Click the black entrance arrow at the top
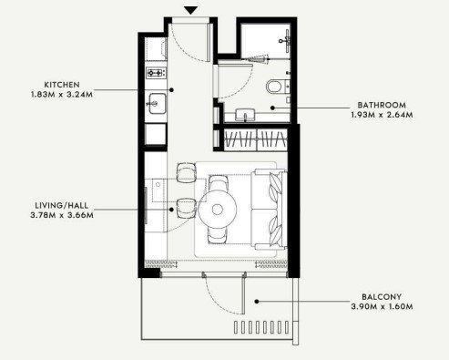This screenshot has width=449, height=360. (x=191, y=11)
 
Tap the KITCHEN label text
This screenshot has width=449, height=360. (x=62, y=85)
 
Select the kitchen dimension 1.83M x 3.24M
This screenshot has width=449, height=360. (x=62, y=95)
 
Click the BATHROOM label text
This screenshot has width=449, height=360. (x=382, y=105)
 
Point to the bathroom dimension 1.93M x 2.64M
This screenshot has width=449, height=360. (x=382, y=115)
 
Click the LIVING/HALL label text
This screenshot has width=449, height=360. (x=62, y=205)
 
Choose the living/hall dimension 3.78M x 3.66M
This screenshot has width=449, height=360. (x=62, y=215)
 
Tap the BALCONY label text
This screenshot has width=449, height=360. (x=382, y=297)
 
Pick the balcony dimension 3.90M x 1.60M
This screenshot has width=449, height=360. (x=382, y=306)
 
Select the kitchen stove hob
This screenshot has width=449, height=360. (x=156, y=73)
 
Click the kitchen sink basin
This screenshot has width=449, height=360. (x=157, y=104)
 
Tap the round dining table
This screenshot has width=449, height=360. (x=218, y=209)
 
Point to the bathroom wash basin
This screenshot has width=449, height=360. (x=245, y=115)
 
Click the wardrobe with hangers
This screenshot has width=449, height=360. (x=256, y=139)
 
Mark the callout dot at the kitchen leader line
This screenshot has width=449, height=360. (x=171, y=90)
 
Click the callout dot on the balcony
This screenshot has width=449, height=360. (x=257, y=302)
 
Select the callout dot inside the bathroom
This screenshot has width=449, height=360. (x=272, y=108)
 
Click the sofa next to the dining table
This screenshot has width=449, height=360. (x=269, y=210)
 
